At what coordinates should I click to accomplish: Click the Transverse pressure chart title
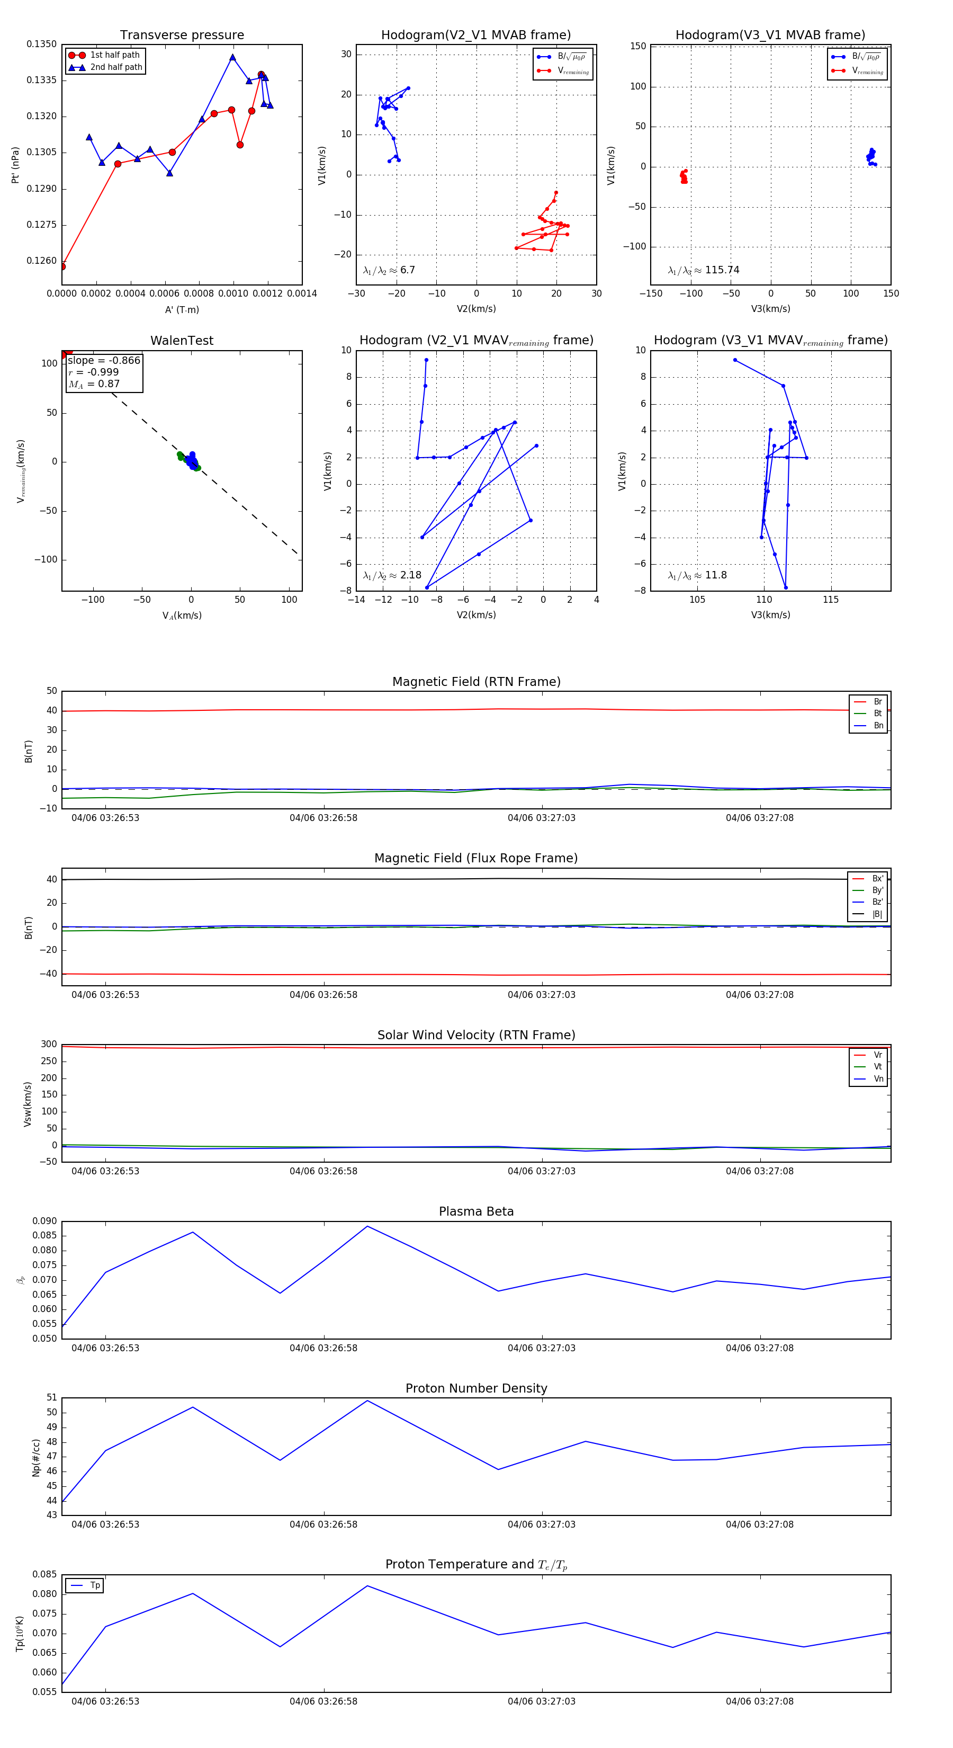point(182,35)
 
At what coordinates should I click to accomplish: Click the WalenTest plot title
point(182,341)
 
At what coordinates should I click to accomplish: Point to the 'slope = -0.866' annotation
point(104,360)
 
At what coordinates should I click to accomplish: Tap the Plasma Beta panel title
point(476,1212)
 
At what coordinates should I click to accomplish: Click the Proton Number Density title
point(476,1388)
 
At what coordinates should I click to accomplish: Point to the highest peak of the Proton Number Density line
point(367,1401)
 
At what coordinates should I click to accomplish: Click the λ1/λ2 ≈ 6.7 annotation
point(389,270)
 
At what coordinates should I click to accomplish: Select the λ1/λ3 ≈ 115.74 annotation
point(704,270)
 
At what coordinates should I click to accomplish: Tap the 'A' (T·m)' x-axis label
point(182,309)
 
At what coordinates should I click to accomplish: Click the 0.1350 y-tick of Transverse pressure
point(41,44)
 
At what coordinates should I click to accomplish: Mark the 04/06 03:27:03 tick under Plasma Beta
point(541,1348)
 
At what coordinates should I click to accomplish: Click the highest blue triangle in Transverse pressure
point(232,58)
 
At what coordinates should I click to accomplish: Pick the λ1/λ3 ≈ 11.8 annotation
point(697,575)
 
